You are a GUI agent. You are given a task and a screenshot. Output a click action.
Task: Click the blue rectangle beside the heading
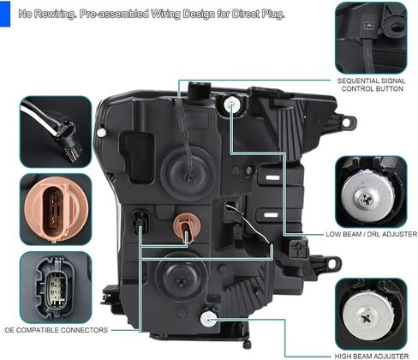point(5,14)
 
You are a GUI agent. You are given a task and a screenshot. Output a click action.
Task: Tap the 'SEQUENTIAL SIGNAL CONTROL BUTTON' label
point(372,85)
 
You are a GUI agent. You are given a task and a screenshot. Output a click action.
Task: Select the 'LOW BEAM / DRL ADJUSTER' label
point(372,234)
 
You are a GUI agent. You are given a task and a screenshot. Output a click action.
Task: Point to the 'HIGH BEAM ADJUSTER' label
point(372,356)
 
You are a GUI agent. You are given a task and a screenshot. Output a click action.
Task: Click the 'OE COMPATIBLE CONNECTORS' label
point(57,330)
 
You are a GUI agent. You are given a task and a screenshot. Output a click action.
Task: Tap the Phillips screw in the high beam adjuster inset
point(367,317)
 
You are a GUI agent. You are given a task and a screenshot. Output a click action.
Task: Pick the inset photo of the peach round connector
point(56,209)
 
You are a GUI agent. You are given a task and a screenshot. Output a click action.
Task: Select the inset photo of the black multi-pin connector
point(56,287)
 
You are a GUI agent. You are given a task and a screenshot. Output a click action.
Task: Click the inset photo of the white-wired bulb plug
point(56,132)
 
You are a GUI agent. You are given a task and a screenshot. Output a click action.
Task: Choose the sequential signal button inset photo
point(371,38)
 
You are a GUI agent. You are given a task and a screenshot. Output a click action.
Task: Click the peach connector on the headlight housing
point(187,226)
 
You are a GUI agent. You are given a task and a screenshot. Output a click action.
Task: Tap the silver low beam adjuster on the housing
point(231,105)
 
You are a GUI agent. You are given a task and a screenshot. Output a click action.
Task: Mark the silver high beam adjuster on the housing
point(208,319)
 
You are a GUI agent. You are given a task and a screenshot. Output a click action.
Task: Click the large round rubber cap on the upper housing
point(188,173)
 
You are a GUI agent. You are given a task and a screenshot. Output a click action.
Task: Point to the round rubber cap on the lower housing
point(181,276)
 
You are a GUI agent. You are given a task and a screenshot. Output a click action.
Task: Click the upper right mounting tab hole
point(346,123)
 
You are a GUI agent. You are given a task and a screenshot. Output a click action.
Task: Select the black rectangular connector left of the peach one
point(140,221)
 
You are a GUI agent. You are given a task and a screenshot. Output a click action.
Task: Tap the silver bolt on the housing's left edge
point(101,132)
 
